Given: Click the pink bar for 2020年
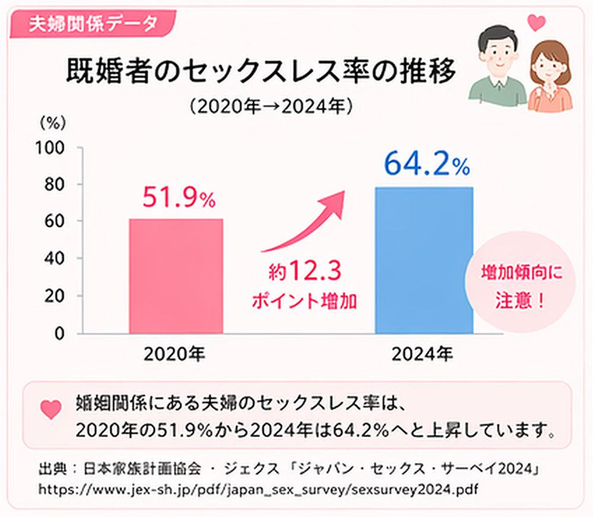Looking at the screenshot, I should pos(176,276).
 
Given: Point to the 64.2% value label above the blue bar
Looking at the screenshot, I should pos(426,164).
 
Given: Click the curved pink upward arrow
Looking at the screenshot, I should pos(305,222).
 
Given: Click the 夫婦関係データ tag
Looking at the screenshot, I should pos(95,24).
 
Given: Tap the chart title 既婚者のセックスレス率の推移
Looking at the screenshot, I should pos(260,73).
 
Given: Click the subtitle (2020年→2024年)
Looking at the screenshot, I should pos(272,107).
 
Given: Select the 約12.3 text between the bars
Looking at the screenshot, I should pos(304,273).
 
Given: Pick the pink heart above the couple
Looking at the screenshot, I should pos(537,23).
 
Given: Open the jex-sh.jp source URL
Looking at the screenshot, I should pos(258,490).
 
